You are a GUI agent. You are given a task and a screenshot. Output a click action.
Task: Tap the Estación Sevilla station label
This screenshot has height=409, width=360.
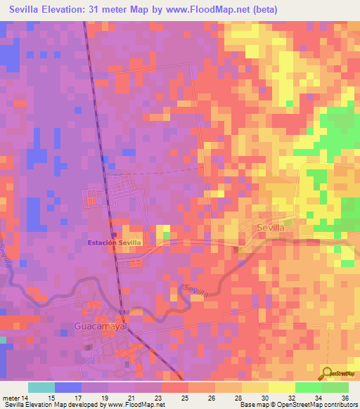pos(114,243)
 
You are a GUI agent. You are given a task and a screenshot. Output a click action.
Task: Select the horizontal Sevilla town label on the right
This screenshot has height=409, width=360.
pos(271,228)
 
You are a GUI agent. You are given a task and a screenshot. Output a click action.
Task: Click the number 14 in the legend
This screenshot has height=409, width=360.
pos(26,398)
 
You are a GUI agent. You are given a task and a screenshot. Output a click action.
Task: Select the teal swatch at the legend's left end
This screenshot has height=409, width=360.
pos(41,387)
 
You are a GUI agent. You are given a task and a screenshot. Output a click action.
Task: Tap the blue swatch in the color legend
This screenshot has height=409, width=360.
pos(68,387)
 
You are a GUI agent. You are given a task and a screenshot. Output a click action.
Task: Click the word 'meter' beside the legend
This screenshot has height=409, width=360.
pos(11,398)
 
